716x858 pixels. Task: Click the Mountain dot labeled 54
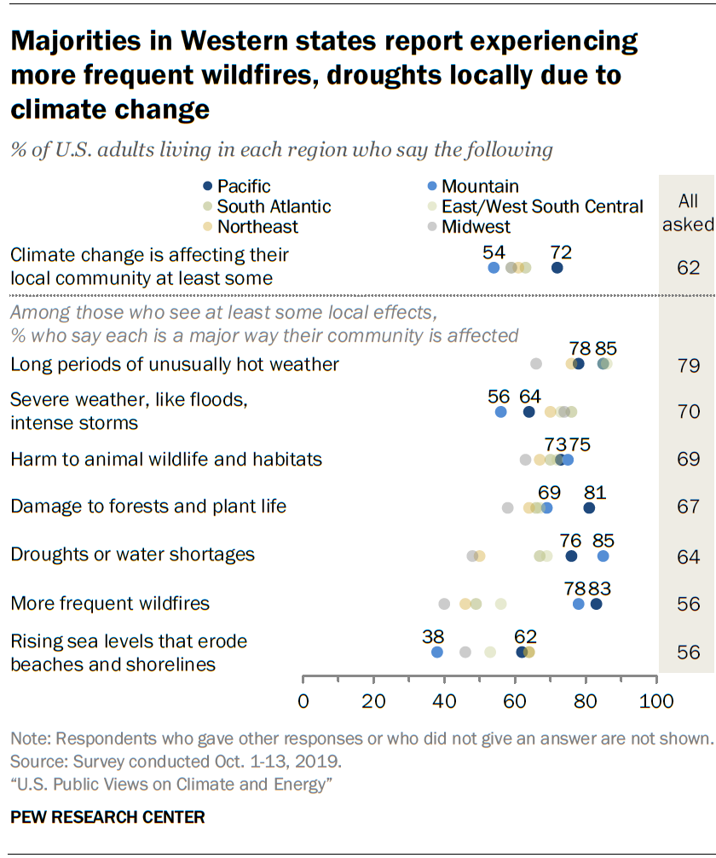[x=494, y=268]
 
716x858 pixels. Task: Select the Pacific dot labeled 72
[x=557, y=268]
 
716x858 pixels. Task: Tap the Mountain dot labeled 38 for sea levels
[x=437, y=652]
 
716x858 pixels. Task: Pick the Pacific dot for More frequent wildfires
[x=596, y=604]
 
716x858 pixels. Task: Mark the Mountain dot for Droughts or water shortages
[x=603, y=556]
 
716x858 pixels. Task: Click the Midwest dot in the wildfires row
[x=444, y=604]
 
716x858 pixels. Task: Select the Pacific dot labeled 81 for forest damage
[x=589, y=508]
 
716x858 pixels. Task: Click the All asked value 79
[x=689, y=366]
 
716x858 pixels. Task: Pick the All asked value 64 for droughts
[x=689, y=557]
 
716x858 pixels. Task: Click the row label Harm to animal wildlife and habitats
[x=166, y=460]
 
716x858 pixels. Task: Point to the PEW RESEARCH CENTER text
[x=107, y=817]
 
